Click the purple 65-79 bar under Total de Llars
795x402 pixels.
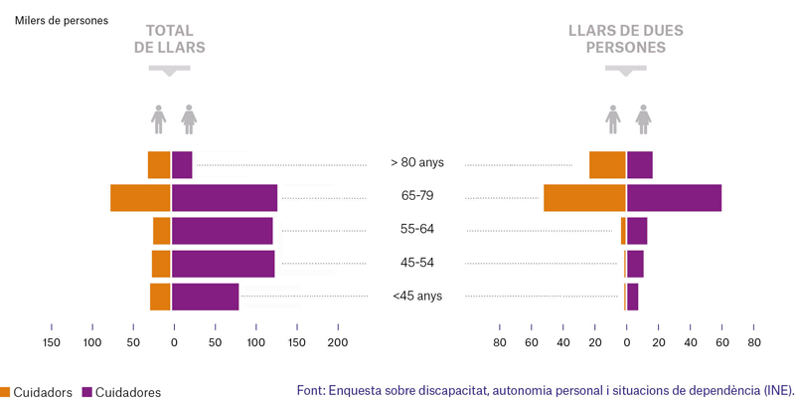pos(225,198)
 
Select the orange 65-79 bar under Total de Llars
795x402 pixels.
pos(140,198)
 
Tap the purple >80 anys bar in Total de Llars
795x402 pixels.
pos(182,165)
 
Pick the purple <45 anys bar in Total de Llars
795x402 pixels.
pos(206,297)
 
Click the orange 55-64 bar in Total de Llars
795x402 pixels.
pos(162,231)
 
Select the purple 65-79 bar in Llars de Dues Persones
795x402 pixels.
pos(675,198)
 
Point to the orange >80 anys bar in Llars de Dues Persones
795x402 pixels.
pos(607,165)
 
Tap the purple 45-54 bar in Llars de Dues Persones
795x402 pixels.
pos(636,264)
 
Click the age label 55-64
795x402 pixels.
pos(417,229)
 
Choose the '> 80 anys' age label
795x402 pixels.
pos(417,162)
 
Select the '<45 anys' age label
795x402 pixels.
pos(417,296)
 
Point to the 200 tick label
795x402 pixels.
pos(338,342)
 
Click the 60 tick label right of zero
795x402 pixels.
pos(722,342)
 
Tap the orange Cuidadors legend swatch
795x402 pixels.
pos(5,392)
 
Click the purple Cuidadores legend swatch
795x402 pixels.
pos(87,392)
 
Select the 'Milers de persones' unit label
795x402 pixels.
pos(62,21)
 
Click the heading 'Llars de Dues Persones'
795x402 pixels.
pos(626,39)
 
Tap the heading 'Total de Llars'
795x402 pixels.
pos(170,39)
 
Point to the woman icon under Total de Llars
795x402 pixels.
pos(189,119)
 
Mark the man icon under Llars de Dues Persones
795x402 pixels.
pos(613,119)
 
